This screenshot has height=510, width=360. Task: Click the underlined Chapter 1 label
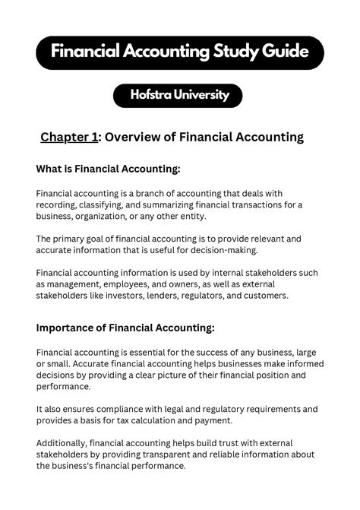(x=70, y=138)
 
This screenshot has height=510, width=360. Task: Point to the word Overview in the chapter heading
(x=133, y=138)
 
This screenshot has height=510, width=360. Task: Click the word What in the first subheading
(x=50, y=169)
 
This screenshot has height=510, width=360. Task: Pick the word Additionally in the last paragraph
(x=61, y=443)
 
